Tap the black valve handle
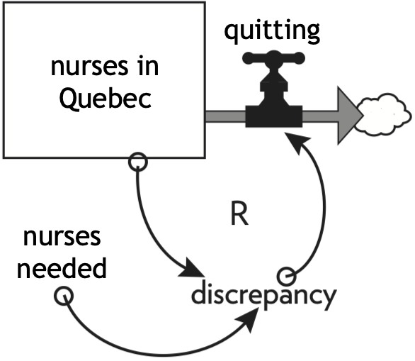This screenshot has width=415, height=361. click(273, 58)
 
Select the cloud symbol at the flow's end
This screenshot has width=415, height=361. click(384, 115)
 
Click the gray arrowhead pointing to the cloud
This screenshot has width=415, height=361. click(349, 116)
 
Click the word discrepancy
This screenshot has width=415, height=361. click(264, 296)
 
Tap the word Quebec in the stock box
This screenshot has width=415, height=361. click(106, 99)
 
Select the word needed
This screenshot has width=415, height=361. click(62, 267)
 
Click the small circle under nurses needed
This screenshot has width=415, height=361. click(64, 296)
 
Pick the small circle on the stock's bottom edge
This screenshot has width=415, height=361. click(138, 162)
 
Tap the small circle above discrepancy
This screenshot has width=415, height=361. click(287, 277)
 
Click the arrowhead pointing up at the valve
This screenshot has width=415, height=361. click(297, 142)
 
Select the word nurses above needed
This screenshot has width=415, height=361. click(62, 237)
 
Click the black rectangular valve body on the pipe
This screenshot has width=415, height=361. click(274, 116)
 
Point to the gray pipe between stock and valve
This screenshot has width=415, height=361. click(225, 116)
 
